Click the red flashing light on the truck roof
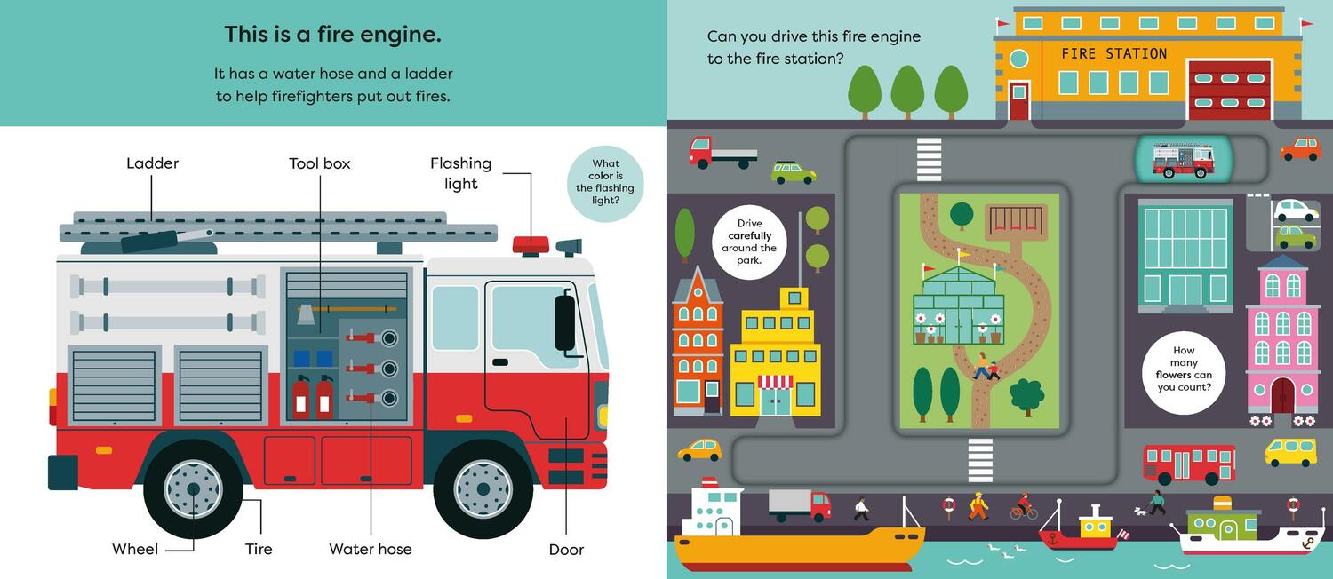click(x=531, y=244)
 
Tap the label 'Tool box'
click(x=320, y=163)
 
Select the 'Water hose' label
click(x=371, y=549)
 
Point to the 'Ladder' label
click(x=152, y=163)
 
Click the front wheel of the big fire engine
click(x=483, y=488)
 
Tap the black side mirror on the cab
click(x=564, y=321)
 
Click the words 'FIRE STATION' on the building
click(x=1113, y=54)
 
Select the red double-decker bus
click(x=1188, y=463)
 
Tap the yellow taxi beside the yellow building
click(x=700, y=449)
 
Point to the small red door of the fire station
click(x=1018, y=100)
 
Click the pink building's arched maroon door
click(x=1282, y=395)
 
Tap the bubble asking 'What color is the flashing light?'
click(x=605, y=182)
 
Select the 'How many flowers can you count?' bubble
click(x=1184, y=369)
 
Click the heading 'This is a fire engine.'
click(x=332, y=35)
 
